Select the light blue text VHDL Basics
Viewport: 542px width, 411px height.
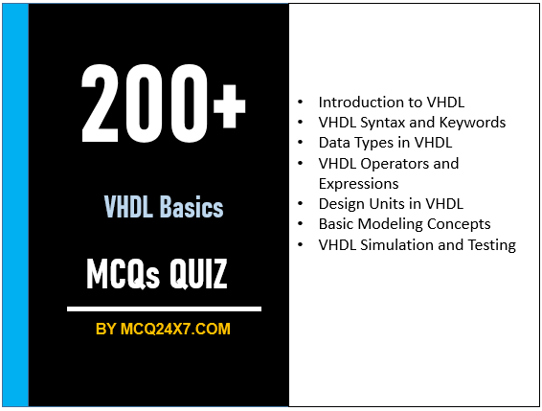164,207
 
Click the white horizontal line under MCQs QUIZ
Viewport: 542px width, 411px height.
164,308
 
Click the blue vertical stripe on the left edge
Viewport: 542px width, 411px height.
15,205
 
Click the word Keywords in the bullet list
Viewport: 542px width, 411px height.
472,122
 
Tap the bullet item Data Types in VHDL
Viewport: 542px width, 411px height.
384,142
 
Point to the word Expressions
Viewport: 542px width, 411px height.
358,182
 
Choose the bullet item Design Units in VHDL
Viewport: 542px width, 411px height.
391,203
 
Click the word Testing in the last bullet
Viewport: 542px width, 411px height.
490,244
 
